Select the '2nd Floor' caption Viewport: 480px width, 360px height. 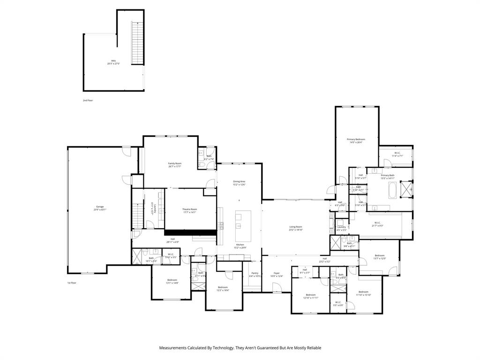88,100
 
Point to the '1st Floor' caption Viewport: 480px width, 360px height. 72,283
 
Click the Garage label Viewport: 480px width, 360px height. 100,208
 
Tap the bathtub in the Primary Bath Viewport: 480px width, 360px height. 393,191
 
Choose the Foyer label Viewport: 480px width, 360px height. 277,274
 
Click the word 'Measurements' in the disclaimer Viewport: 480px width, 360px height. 172,348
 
